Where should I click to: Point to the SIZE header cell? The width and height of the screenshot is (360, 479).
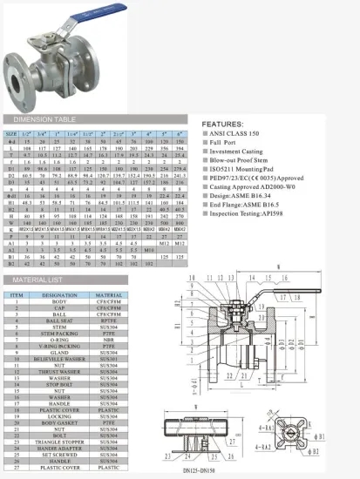11,135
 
